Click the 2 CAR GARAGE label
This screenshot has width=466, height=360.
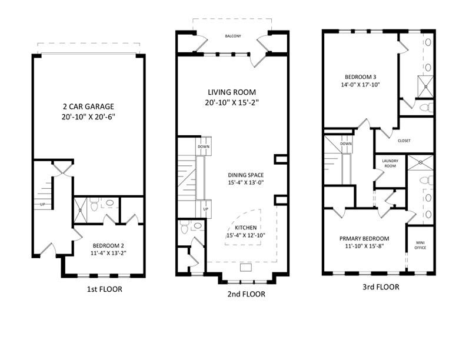click(x=88, y=106)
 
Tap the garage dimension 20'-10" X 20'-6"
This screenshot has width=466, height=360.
click(x=88, y=117)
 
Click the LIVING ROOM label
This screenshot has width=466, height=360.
click(x=234, y=92)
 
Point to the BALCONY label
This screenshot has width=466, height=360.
click(x=233, y=36)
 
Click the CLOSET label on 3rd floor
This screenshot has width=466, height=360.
click(x=404, y=141)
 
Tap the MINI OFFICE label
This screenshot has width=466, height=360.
click(x=421, y=244)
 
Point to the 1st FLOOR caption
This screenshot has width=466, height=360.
click(x=104, y=289)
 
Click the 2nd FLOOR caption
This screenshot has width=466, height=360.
click(x=245, y=294)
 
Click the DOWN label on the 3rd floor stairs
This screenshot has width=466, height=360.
click(x=346, y=143)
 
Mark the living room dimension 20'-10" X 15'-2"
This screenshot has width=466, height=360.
click(x=234, y=103)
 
